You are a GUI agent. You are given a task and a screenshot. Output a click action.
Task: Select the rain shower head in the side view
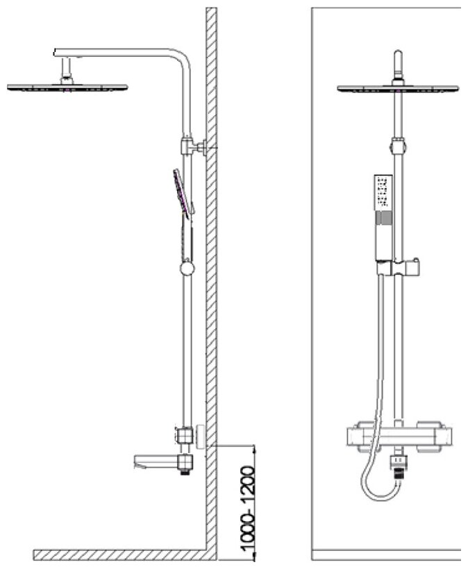(68, 87)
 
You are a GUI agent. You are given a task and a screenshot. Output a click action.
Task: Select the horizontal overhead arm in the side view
(118, 52)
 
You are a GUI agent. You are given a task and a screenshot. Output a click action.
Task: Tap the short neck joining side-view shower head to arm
(68, 70)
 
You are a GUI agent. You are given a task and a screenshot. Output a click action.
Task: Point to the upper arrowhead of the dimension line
(256, 450)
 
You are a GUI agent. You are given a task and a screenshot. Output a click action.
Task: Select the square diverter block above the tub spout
(185, 435)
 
